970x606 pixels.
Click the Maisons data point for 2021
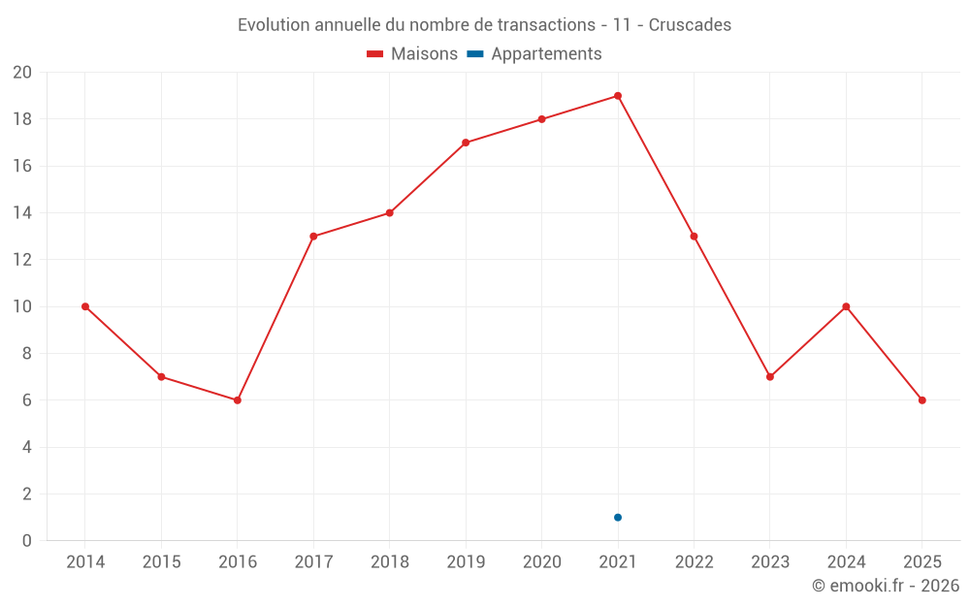pyautogui.click(x=618, y=96)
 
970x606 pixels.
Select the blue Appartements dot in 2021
pyautogui.click(x=618, y=517)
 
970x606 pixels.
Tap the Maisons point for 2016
pyautogui.click(x=237, y=400)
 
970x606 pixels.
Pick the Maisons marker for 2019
pyautogui.click(x=466, y=143)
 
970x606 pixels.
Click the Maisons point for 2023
pyautogui.click(x=770, y=377)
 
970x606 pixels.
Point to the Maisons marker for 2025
pyautogui.click(x=922, y=400)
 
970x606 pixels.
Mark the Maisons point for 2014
pyautogui.click(x=85, y=306)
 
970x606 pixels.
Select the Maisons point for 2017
pyautogui.click(x=313, y=237)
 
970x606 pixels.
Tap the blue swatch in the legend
pyautogui.click(x=474, y=54)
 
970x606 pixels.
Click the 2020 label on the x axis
pyautogui.click(x=541, y=562)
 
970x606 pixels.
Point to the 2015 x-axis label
pyautogui.click(x=161, y=562)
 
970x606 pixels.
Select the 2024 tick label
pyautogui.click(x=846, y=562)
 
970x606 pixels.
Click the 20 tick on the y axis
pyautogui.click(x=22, y=73)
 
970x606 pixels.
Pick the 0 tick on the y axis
pyautogui.click(x=27, y=540)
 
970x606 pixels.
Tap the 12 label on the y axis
pyautogui.click(x=22, y=260)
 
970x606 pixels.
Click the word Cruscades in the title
pyautogui.click(x=690, y=24)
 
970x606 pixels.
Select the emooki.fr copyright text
pyautogui.click(x=886, y=586)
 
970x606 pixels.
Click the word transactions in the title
pyautogui.click(x=544, y=24)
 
